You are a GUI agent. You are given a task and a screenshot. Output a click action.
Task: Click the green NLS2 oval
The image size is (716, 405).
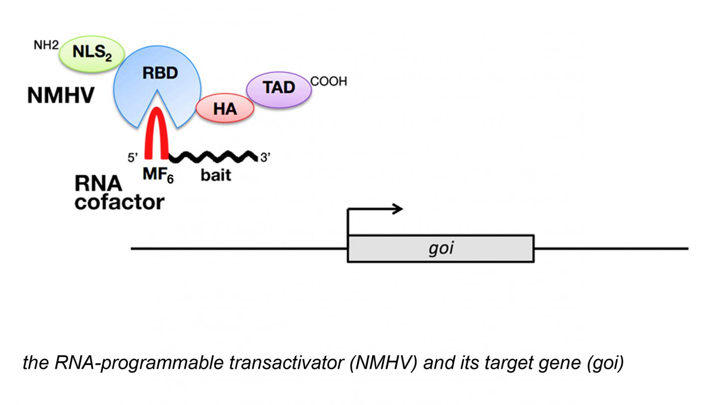91,54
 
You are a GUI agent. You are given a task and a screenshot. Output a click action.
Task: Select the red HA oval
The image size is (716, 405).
225,109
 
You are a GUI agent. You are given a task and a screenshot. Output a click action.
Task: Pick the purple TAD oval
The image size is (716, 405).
279,89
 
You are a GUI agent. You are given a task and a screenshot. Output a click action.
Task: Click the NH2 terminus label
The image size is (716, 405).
46,45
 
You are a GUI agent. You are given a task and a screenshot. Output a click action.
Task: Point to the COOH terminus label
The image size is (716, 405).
329,81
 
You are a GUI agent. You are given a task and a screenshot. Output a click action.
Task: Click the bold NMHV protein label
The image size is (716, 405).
61,95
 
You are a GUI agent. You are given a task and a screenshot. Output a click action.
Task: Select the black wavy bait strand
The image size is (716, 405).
213,157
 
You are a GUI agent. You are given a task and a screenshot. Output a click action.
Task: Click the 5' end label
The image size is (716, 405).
133,158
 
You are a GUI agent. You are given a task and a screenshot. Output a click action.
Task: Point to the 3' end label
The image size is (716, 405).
266,158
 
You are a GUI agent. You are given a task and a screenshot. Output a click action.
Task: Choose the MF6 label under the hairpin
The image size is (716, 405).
158,176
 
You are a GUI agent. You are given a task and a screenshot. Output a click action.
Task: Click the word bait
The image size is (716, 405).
216,175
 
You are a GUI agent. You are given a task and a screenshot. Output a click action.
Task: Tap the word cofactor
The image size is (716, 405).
119,202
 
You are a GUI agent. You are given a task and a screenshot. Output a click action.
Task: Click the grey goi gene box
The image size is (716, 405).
441,248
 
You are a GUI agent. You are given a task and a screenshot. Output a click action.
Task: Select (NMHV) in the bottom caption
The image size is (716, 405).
383,363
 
